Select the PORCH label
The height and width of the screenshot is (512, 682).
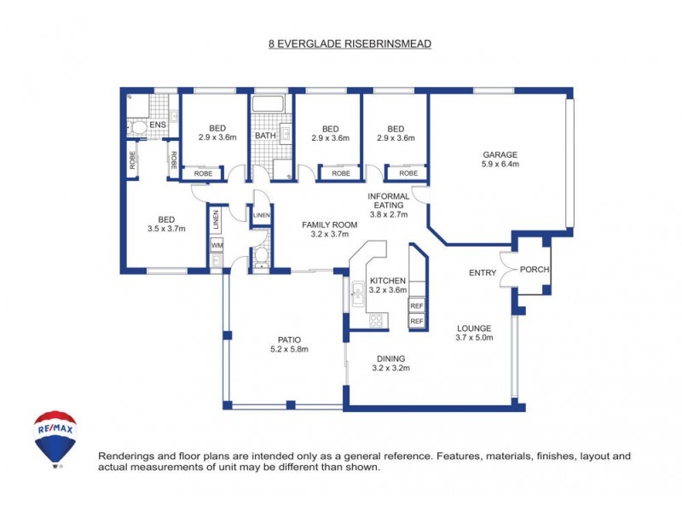tap(535, 271)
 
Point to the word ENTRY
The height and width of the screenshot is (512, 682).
tap(483, 273)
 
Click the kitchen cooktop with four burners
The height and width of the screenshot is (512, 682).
tap(376, 321)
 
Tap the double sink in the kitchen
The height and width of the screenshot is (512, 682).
tap(358, 294)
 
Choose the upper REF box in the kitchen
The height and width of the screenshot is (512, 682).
tap(417, 305)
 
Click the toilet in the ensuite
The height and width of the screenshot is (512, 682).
tap(136, 128)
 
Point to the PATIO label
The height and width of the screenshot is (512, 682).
tap(288, 339)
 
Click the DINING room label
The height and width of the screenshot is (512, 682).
tap(388, 358)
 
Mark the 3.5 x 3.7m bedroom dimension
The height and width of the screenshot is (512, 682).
tap(166, 229)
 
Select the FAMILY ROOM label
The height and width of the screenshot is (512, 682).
tap(330, 224)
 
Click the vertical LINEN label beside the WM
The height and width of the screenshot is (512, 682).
tap(217, 220)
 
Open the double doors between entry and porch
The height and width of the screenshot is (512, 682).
tap(510, 271)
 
